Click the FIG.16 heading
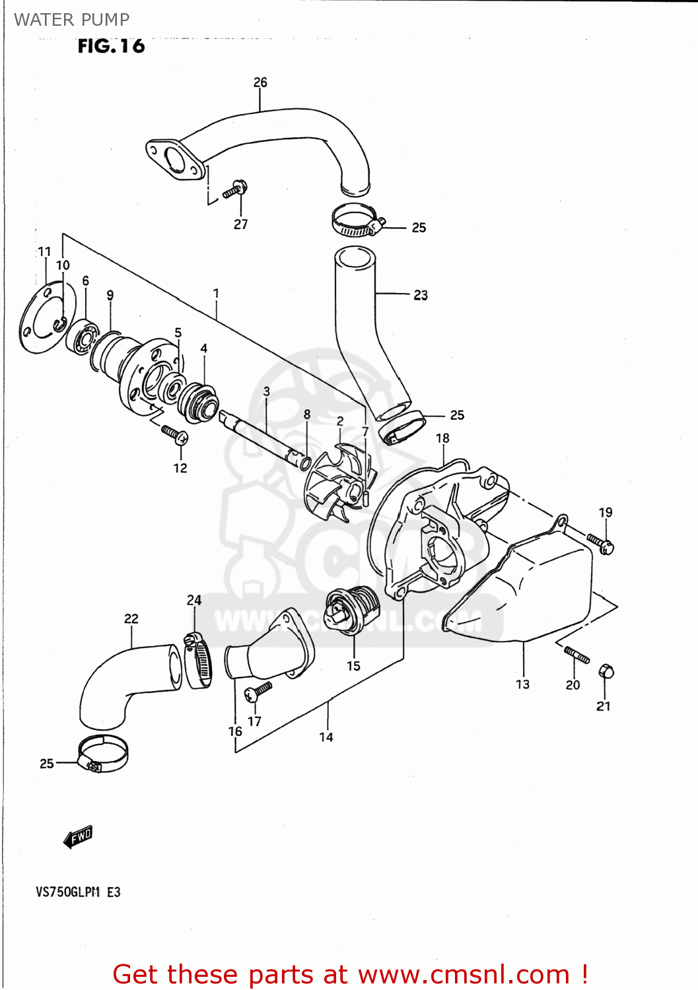tap(111, 46)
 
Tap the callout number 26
tap(260, 82)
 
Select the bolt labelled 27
tap(235, 190)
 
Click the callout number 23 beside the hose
tap(421, 295)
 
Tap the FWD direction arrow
tap(78, 837)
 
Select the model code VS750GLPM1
tap(68, 892)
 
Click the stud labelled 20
tap(576, 655)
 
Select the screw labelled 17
tap(258, 691)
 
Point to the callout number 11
tap(44, 251)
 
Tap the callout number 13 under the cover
tap(522, 684)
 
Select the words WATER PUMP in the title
tap(71, 20)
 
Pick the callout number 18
tap(442, 438)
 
